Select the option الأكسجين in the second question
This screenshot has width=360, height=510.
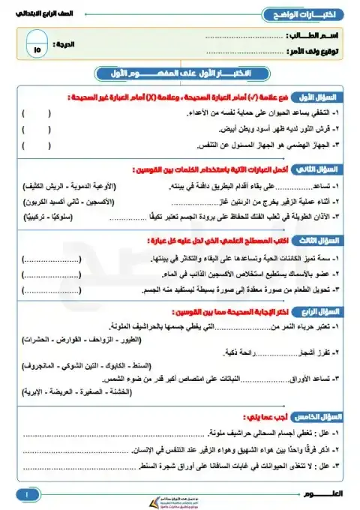103,202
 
